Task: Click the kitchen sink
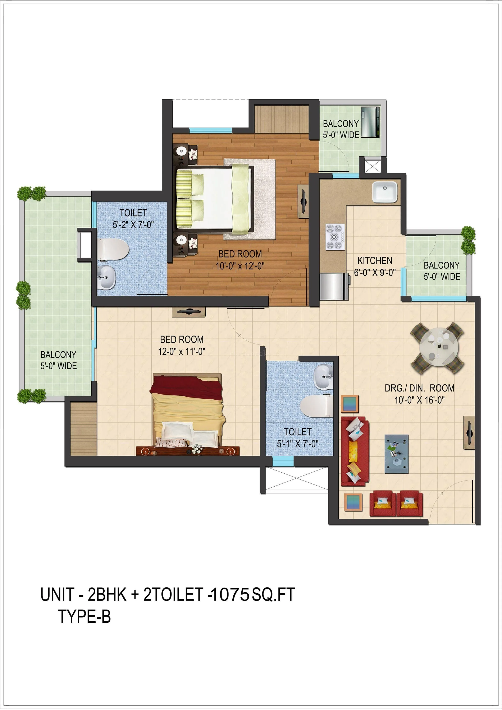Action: pos(384,191)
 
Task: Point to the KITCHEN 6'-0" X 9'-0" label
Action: pos(375,266)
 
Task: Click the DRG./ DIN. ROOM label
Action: pos(419,388)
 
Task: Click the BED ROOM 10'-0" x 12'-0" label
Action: pos(240,260)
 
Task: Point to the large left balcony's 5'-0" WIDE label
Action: pos(59,366)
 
